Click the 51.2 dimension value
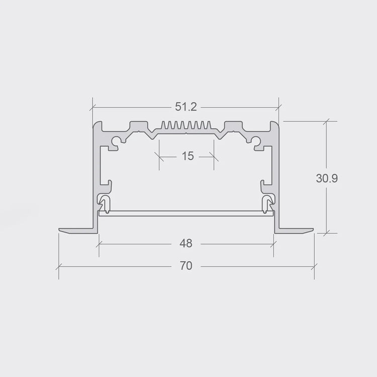186,107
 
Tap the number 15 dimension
187,156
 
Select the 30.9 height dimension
327,178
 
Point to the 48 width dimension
186,244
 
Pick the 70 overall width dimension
186,266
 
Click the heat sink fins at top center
186,125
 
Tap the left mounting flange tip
59,230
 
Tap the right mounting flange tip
313,230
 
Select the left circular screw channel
117,140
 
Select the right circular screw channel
255,140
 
